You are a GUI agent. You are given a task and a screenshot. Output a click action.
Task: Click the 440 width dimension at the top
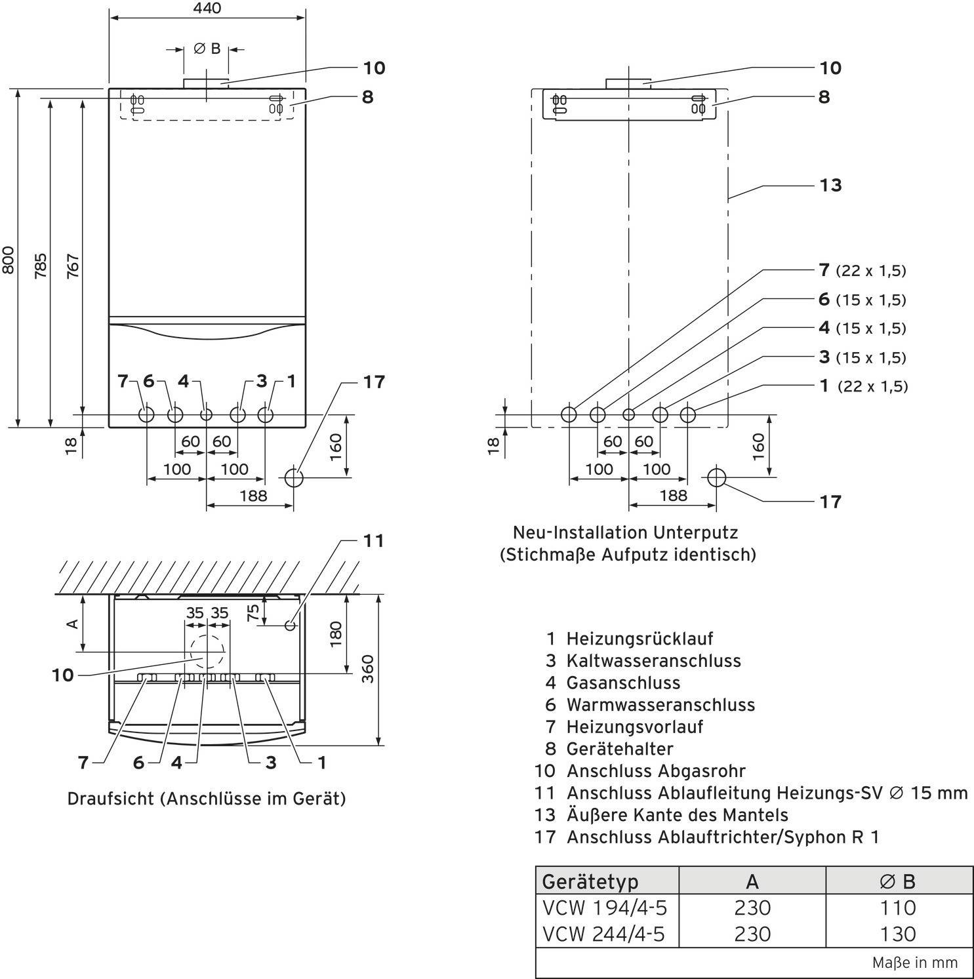pyautogui.click(x=207, y=8)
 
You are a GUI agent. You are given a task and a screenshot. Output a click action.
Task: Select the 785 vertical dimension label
pyautogui.click(x=41, y=266)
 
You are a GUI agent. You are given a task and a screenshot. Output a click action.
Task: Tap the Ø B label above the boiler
pyautogui.click(x=207, y=49)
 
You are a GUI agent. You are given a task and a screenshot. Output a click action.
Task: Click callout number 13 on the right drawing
pyautogui.click(x=830, y=186)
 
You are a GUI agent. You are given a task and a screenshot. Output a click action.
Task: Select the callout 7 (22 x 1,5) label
pyautogui.click(x=862, y=270)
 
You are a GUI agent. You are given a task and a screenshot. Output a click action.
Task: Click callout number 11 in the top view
pyautogui.click(x=373, y=541)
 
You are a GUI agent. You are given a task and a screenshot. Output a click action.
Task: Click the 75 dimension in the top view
pyautogui.click(x=253, y=612)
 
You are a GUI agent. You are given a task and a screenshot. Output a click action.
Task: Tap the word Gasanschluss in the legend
pyautogui.click(x=623, y=683)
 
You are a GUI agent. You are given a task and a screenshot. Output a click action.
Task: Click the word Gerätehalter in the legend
pyautogui.click(x=620, y=748)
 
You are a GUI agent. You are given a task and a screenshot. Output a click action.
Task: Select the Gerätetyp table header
pyautogui.click(x=590, y=882)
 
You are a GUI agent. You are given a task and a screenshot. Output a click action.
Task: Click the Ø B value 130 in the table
pyautogui.click(x=897, y=934)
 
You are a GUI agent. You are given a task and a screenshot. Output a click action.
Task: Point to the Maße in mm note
pyautogui.click(x=914, y=963)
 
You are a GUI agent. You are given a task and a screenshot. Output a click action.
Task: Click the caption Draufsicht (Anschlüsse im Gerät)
pyautogui.click(x=207, y=799)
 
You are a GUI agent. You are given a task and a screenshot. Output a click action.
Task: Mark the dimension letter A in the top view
pyautogui.click(x=74, y=623)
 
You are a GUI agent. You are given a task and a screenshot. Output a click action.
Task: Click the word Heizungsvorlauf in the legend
pyautogui.click(x=635, y=727)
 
